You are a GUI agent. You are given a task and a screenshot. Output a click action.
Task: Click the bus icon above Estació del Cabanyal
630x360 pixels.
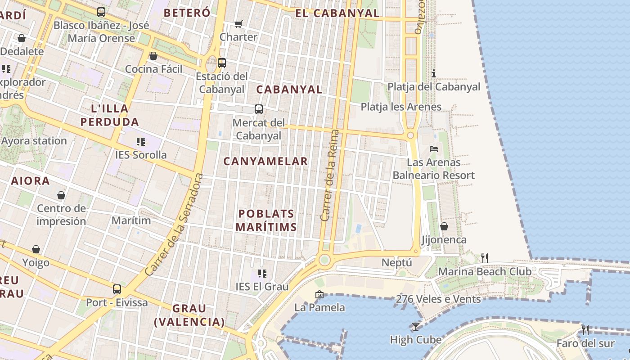point(221,63)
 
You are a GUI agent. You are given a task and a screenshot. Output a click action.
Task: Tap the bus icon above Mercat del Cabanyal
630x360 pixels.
point(259,109)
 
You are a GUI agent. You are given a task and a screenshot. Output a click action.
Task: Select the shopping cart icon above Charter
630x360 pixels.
point(238,24)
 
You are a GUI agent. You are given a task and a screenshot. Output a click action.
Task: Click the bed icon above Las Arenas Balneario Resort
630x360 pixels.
point(434,149)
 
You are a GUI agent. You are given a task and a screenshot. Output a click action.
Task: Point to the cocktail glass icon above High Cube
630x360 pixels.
point(415,326)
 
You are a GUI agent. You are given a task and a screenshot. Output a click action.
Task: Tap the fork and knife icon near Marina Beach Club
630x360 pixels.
point(485,258)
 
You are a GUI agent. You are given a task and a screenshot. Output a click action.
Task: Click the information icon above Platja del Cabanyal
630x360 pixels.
point(434,73)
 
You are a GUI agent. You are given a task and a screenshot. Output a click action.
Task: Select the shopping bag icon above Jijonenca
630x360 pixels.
point(444,226)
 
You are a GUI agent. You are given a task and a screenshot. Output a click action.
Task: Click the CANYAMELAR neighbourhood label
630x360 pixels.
point(265,161)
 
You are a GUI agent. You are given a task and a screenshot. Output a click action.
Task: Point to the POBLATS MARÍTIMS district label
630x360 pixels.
point(266,220)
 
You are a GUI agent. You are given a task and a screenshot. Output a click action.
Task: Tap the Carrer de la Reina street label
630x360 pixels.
point(329,175)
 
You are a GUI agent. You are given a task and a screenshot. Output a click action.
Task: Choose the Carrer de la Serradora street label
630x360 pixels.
point(174,225)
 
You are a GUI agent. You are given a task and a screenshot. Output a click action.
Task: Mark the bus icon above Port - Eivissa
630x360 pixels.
point(117,289)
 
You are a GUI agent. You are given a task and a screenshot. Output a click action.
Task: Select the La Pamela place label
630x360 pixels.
point(319,308)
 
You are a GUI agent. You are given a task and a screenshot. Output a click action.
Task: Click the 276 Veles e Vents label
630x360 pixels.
point(438,299)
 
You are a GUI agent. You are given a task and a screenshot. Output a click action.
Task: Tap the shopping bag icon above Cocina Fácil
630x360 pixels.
point(153,56)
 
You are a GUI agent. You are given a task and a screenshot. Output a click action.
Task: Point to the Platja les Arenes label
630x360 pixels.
point(401,107)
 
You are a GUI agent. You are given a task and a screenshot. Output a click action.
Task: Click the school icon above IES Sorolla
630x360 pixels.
point(141,142)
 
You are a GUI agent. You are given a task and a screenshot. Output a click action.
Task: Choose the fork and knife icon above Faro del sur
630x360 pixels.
point(585,330)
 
